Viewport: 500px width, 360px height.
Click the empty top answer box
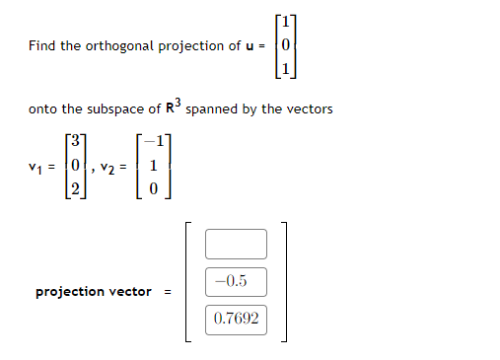click(x=236, y=244)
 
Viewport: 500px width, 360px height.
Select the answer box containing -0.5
click(x=236, y=281)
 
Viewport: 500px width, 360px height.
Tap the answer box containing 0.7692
click(x=236, y=319)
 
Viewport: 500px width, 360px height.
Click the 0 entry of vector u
click(x=285, y=45)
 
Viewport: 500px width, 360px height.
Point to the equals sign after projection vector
click(x=168, y=292)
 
